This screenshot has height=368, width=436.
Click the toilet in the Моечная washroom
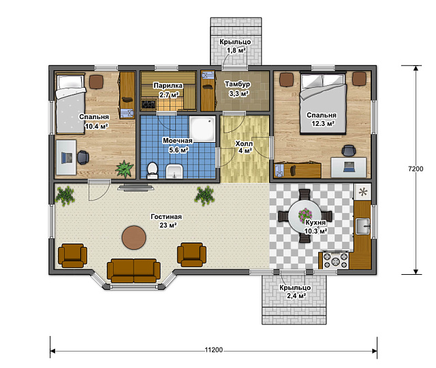click(x=152, y=170)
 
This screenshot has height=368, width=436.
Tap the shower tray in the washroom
click(x=202, y=129)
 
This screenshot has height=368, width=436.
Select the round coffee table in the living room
click(x=134, y=237)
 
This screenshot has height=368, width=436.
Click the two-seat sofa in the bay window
click(x=134, y=271)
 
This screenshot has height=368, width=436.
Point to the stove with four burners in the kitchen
click(x=336, y=261)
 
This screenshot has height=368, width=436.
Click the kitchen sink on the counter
click(x=363, y=226)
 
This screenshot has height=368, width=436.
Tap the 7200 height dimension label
click(x=416, y=169)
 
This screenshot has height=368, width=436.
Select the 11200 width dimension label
click(x=214, y=350)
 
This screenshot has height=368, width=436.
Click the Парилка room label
click(x=168, y=86)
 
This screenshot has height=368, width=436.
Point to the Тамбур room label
click(x=238, y=84)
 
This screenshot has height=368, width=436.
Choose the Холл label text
click(x=244, y=144)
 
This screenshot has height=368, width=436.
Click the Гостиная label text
click(x=166, y=216)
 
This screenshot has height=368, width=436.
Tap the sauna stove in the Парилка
click(x=149, y=105)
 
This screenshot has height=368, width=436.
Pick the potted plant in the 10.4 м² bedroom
click(x=125, y=169)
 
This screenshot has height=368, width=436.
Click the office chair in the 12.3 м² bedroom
click(x=349, y=150)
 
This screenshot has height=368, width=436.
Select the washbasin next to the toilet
click(x=174, y=171)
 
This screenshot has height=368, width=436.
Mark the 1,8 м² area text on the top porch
click(x=236, y=50)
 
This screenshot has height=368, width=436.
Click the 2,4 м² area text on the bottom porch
click(x=296, y=296)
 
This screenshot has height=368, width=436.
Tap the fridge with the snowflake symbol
click(x=363, y=192)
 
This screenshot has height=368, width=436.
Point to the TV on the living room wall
click(x=136, y=188)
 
